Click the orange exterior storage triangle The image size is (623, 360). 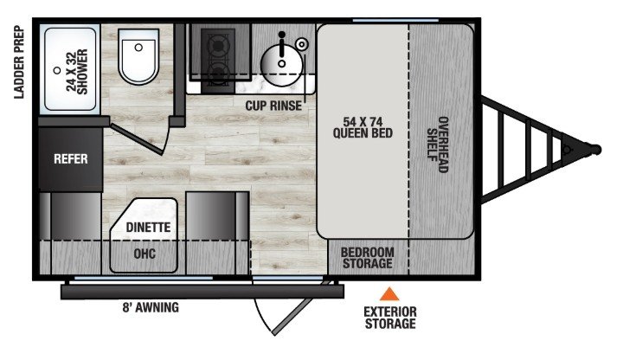389,294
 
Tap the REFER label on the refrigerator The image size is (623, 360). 71,159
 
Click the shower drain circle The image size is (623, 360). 57,70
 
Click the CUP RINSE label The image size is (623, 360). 273,106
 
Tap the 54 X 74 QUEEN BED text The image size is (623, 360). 363,127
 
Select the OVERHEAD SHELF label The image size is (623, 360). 438,145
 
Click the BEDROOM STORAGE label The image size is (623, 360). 367,258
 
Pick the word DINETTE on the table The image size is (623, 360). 148,228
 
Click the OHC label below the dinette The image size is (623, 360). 145,254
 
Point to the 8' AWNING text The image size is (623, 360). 151,307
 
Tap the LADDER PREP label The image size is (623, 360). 19,62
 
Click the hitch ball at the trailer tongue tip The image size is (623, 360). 596,150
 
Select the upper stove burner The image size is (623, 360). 218,46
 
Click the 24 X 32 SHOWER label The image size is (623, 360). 77,72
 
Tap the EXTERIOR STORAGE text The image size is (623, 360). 390,318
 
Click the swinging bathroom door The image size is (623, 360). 137,139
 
